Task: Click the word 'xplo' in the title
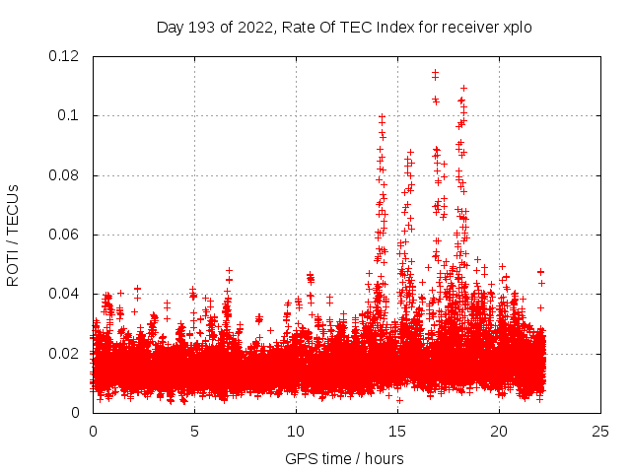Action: pos(517,28)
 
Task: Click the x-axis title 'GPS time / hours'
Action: pos(344,459)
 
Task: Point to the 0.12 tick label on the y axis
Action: pos(66,56)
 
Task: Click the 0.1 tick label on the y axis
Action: pos(70,115)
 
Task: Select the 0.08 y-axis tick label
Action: pos(66,175)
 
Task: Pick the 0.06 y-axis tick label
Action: pos(66,235)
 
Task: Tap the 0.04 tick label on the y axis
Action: pos(66,294)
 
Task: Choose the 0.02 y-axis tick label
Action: pos(66,354)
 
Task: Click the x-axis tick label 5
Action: pos(194,432)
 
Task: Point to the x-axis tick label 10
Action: pos(296,432)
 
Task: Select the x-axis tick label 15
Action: pos(397,432)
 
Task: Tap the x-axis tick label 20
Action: pos(499,432)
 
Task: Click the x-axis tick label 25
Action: pos(600,432)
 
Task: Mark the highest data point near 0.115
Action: pos(435,72)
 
